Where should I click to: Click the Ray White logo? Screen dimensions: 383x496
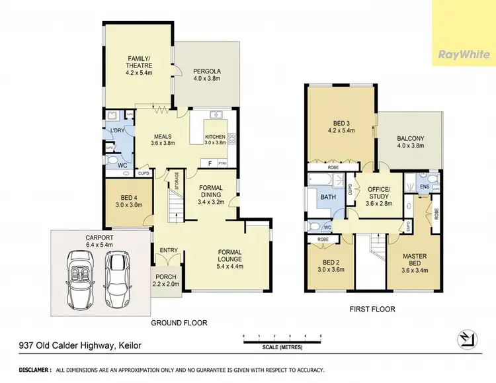click(x=463, y=54)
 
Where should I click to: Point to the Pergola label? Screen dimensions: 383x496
click(x=206, y=75)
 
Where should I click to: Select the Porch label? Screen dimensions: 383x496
click(x=166, y=280)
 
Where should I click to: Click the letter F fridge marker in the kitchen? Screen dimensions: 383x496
click(x=210, y=163)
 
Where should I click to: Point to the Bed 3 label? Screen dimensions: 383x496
click(x=342, y=126)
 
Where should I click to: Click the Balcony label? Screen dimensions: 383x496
click(x=410, y=143)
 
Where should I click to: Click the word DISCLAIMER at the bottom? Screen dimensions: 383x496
click(x=21, y=369)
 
